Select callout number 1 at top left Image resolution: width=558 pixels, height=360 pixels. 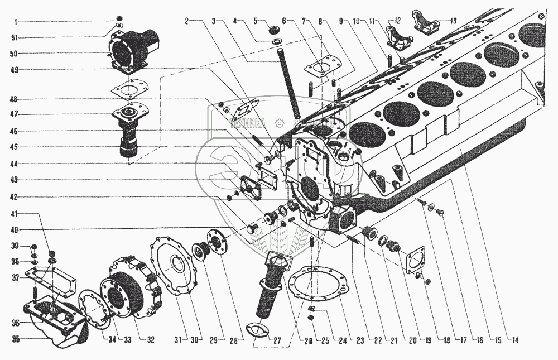tap(16, 21)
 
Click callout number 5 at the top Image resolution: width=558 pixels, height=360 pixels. tap(255, 21)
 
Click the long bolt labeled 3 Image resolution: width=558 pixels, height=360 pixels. tap(288, 84)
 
